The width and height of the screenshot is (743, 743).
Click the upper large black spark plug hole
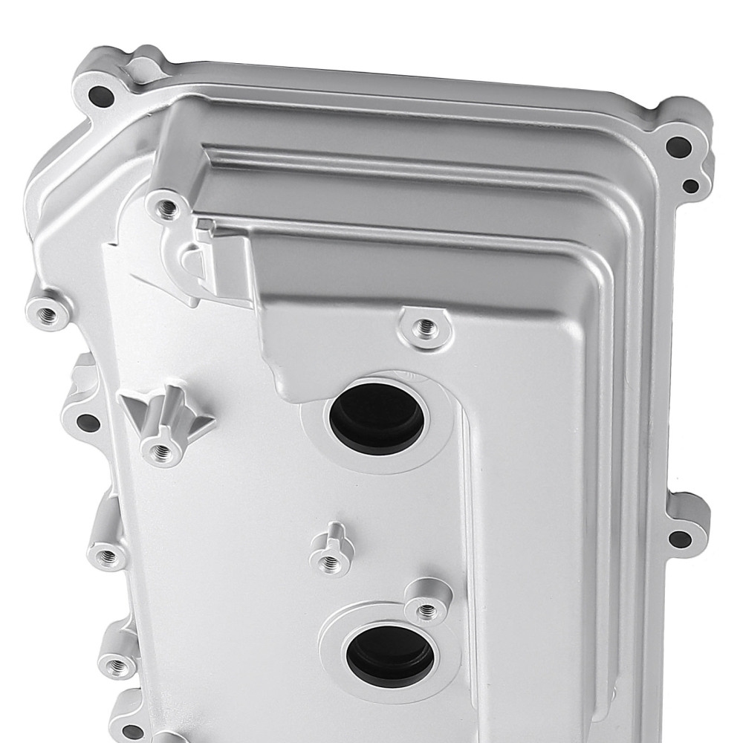(377, 417)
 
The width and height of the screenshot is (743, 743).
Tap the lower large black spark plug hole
(391, 653)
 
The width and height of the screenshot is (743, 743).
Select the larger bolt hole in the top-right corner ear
(674, 145)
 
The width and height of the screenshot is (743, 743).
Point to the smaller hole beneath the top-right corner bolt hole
(690, 186)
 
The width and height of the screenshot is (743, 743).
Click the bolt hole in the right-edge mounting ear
(677, 537)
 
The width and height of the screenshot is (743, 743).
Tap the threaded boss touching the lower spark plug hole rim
(427, 610)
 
